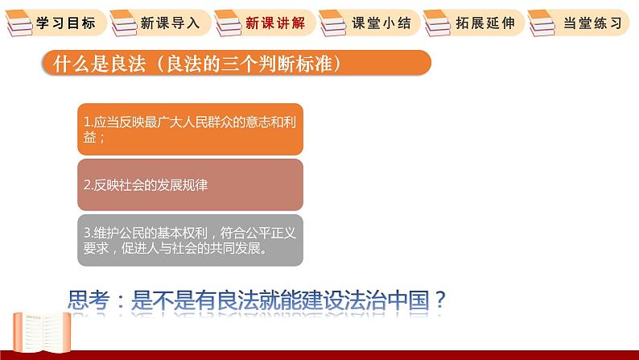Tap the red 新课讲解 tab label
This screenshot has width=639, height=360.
click(x=275, y=23)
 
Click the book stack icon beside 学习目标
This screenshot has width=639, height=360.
click(x=19, y=23)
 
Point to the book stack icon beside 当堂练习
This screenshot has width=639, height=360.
click(x=542, y=23)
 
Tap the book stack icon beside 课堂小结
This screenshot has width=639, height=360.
click(x=332, y=23)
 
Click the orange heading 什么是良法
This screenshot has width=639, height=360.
click(x=99, y=63)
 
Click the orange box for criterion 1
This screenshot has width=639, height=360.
click(x=190, y=129)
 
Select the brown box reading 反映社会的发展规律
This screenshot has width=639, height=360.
click(x=190, y=184)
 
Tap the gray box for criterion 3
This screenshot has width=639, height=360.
click(x=190, y=240)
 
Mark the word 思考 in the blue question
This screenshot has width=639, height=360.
click(x=89, y=300)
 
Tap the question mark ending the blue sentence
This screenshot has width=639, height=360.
click(x=440, y=300)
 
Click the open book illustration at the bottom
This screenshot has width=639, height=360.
click(x=42, y=332)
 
